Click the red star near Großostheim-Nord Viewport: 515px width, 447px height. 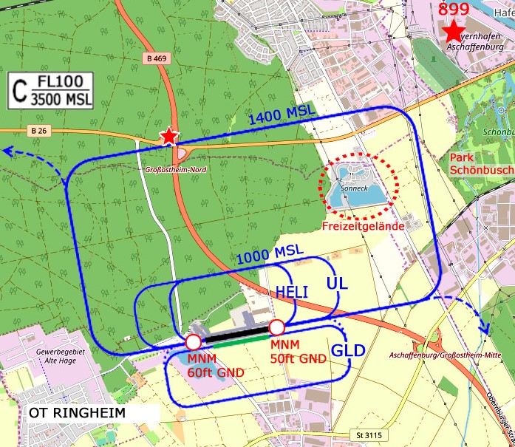click(x=170, y=136)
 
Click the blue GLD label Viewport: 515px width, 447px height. click(x=348, y=351)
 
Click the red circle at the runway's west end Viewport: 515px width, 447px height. click(x=193, y=341)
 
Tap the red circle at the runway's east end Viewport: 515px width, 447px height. click(x=277, y=327)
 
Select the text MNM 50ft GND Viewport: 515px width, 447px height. click(x=299, y=352)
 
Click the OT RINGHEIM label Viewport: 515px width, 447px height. click(x=79, y=412)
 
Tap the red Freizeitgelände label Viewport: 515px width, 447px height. click(x=362, y=226)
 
